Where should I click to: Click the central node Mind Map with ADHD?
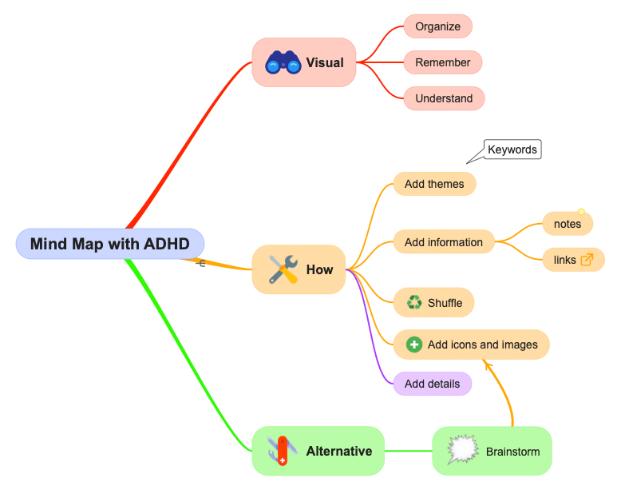109,244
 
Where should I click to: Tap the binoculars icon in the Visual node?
283,62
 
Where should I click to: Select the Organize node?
437,26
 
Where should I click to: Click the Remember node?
442,62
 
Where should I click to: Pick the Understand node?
444,98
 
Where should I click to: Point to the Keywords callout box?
512,149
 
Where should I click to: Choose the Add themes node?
434,184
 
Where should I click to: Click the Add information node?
443,242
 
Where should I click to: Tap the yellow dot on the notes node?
581,213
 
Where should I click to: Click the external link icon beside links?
587,260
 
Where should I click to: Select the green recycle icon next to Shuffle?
413,303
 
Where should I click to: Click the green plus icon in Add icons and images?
413,345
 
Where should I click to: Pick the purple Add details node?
432,384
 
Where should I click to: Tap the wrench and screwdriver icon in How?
283,270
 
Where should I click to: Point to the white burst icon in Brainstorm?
461,451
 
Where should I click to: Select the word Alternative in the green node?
338,451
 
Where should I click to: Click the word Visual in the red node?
325,62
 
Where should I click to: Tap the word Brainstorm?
512,452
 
